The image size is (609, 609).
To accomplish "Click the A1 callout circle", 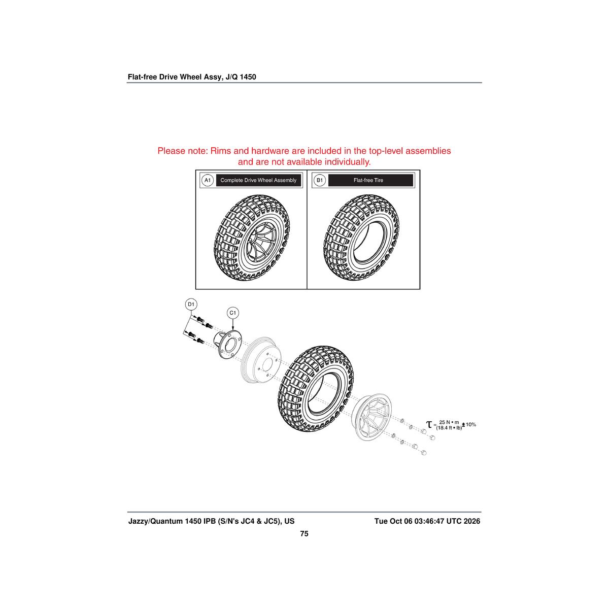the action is pos(208,180).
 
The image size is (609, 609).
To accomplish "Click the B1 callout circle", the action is pos(320,180).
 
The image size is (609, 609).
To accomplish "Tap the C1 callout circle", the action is pos(232,313).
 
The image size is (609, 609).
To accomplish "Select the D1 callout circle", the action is pos(191,304).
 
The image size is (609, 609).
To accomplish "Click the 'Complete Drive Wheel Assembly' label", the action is pos(258,180).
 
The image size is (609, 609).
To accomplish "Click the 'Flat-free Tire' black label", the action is pos(370,180).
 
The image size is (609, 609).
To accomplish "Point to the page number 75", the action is pos(304,533).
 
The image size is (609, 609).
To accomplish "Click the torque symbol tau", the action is pos(428,424).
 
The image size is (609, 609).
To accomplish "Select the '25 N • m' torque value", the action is pos(449,422).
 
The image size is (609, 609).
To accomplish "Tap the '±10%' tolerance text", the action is pos(469,424).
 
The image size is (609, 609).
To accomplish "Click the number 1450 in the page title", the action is pos(248,77).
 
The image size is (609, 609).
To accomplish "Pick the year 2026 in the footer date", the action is pos(471,521).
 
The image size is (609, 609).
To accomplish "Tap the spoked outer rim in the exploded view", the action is pos(373,417).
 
